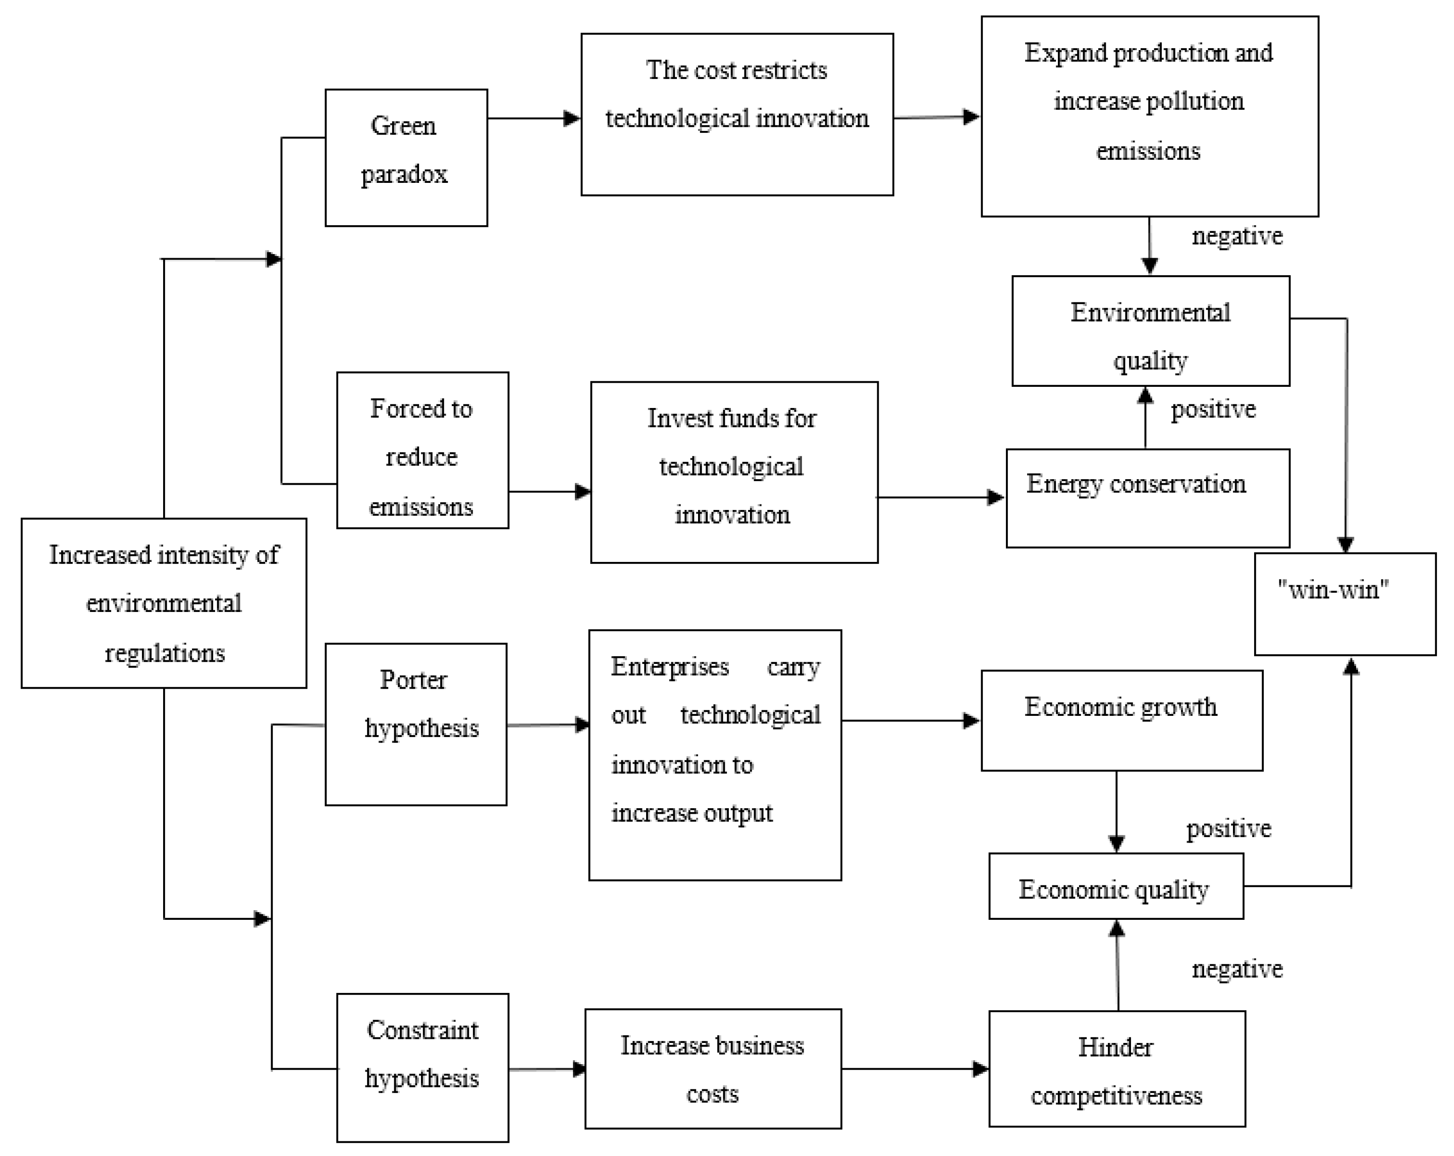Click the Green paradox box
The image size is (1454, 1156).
pos(406,157)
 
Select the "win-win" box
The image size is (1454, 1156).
pos(1345,604)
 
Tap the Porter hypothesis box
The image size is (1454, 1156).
pos(415,724)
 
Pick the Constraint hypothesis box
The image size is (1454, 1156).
pos(422,1067)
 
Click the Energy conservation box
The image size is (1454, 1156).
pos(1147,498)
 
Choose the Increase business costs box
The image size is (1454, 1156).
pos(713,1068)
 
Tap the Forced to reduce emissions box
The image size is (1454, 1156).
pos(422,450)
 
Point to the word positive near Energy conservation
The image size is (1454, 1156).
pos(1213,409)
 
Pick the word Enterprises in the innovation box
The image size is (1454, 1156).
pos(670,666)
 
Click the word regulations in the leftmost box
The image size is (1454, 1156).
pos(165,653)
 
